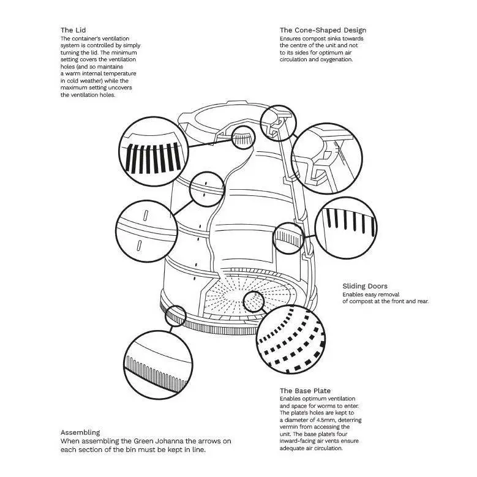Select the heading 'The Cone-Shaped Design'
pos(323,30)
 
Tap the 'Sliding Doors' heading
pos(364,286)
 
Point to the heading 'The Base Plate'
pos(305,391)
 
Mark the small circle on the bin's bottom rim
pos(175,316)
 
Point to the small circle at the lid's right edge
pos(277,121)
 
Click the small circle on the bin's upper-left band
pos(204,188)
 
